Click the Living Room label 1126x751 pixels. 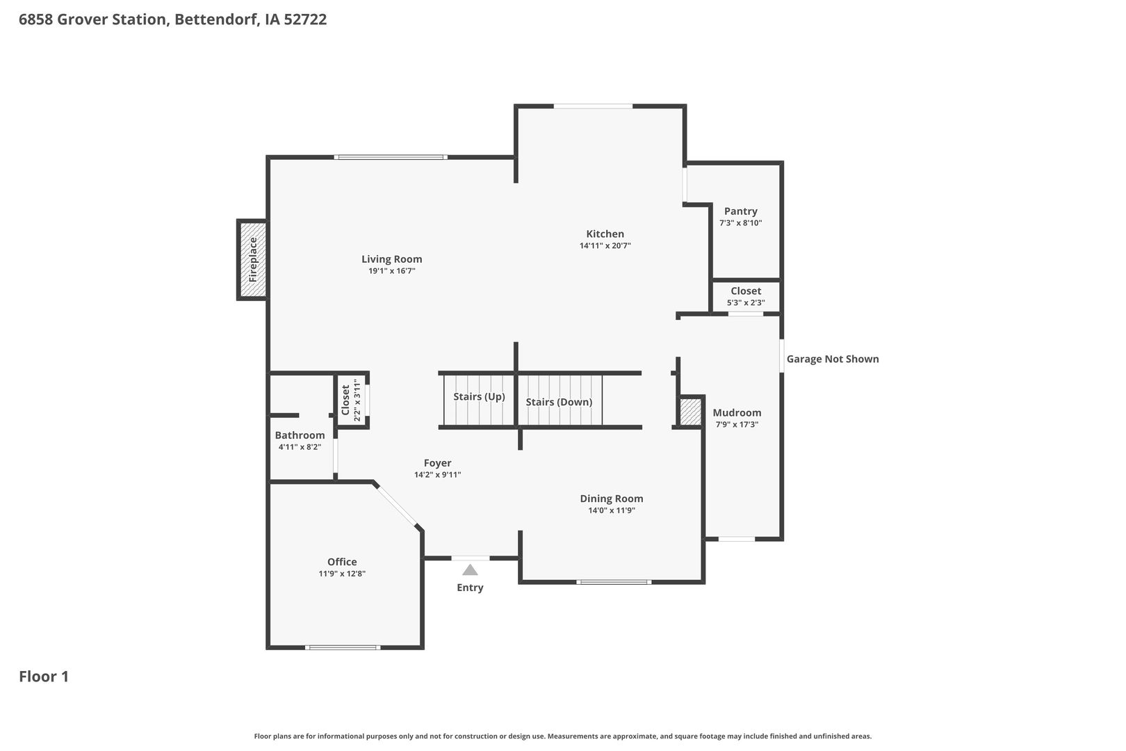coord(391,259)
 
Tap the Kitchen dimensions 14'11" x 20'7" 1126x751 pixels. coord(605,245)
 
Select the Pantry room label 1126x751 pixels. coord(740,211)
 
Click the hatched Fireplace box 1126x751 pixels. coord(252,259)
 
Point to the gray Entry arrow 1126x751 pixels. coord(470,570)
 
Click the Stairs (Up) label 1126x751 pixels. coord(479,397)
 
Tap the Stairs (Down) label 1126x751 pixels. coord(559,402)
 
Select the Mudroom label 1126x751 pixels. coord(737,412)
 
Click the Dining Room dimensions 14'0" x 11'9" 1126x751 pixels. coord(612,510)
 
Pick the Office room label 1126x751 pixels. coord(342,562)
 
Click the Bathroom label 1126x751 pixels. coord(300,435)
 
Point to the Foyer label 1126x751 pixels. coord(437,463)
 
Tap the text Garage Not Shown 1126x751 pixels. coord(833,359)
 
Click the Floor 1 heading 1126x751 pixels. coord(44,676)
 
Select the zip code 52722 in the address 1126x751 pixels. coord(305,19)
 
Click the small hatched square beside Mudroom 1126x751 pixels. coord(690,412)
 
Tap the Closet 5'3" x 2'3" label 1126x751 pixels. coord(746,296)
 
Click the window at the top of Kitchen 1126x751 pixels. coord(593,106)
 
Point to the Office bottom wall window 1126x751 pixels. coord(343,647)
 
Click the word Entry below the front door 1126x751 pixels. coord(470,588)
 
